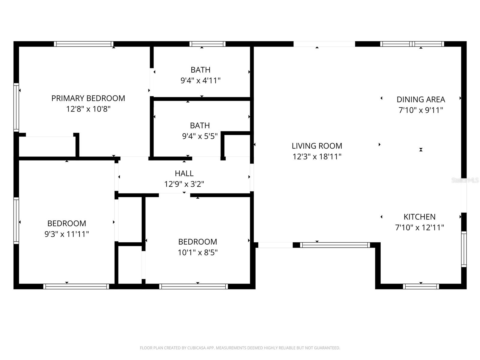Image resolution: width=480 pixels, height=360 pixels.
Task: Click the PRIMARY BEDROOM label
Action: tap(88, 98)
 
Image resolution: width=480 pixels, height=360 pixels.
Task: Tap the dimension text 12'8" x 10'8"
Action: tap(88, 109)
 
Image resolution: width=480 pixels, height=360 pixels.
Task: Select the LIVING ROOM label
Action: tap(317, 146)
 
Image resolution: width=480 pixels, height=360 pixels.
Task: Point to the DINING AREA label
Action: tap(421, 100)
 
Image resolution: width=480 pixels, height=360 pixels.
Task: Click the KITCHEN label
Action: tap(419, 217)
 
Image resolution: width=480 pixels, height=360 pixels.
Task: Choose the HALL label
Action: tap(184, 173)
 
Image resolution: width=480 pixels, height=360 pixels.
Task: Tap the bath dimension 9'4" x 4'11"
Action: tap(200, 81)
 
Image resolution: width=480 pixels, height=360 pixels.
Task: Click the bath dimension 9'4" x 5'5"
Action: tap(200, 136)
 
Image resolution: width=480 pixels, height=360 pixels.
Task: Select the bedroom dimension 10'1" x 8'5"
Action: tap(197, 253)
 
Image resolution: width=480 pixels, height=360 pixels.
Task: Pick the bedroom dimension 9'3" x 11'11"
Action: tap(67, 234)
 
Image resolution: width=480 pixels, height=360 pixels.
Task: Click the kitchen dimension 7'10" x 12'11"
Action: tap(419, 228)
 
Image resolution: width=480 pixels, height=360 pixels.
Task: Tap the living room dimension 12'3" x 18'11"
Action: tap(317, 157)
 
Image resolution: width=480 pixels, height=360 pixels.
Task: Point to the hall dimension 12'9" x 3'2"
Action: tap(184, 184)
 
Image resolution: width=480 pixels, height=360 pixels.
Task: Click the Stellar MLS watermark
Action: tap(465, 180)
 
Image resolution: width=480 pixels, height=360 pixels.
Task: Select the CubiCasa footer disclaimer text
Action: tap(240, 348)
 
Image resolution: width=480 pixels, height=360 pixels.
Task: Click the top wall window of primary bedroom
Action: tap(84, 44)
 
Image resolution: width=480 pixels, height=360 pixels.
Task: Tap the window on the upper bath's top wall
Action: tap(207, 44)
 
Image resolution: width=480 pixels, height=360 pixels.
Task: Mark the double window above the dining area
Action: tap(412, 44)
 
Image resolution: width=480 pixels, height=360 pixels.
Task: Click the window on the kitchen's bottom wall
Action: tap(421, 286)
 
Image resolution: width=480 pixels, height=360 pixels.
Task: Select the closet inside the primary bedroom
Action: tap(47, 146)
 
